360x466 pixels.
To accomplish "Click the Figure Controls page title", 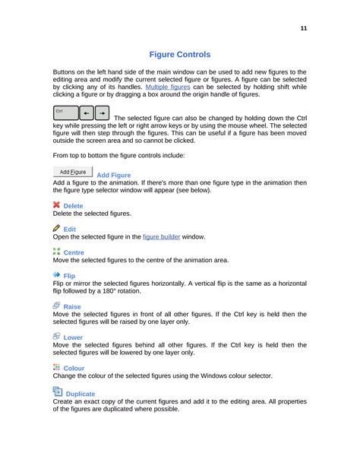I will coord(180,55).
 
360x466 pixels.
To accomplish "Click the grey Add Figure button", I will coord(72,173).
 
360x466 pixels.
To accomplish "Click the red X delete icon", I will coord(57,205).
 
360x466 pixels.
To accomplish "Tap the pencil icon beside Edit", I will coord(57,228).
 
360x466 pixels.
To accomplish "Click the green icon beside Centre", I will coord(57,251).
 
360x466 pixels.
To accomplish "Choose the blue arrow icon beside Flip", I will coord(57,274).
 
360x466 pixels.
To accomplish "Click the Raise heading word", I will coord(74,307).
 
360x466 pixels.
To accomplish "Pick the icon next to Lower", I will coord(57,336).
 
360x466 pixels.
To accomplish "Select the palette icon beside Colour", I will coord(57,367).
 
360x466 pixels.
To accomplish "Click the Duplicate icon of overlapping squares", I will coord(58,392).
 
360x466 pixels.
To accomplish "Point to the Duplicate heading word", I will coord(81,394).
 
